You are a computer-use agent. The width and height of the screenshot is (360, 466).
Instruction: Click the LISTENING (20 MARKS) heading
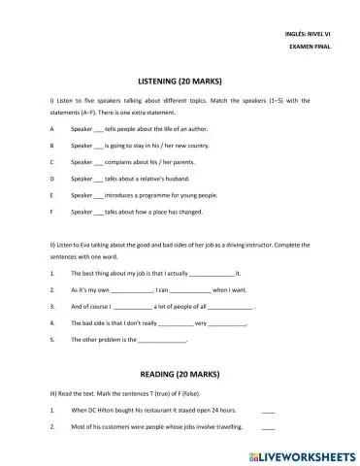[x=180, y=84]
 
